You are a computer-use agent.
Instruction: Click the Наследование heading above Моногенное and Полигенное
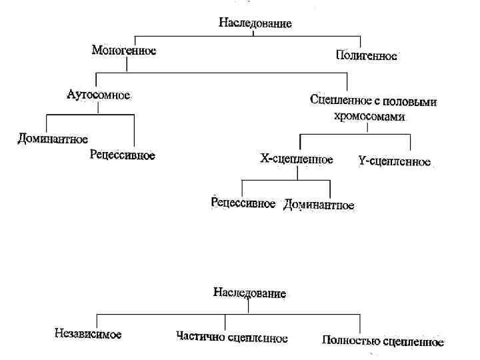pyautogui.click(x=255, y=23)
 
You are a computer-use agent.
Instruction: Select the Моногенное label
pyautogui.click(x=124, y=50)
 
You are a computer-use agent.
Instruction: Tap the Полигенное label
pyautogui.click(x=366, y=56)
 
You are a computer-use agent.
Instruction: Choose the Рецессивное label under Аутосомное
pyautogui.click(x=123, y=155)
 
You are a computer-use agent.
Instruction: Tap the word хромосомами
pyautogui.click(x=370, y=115)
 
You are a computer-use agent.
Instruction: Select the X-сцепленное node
pyautogui.click(x=296, y=159)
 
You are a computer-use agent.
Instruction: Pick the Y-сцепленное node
pyautogui.click(x=394, y=161)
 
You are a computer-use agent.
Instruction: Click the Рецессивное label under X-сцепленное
pyautogui.click(x=243, y=203)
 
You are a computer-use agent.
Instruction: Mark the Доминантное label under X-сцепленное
pyautogui.click(x=319, y=205)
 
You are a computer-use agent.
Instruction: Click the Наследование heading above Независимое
pyautogui.click(x=249, y=292)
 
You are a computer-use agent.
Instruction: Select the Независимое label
pyautogui.click(x=88, y=333)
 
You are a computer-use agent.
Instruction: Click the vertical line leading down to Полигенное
pyautogui.click(x=361, y=41)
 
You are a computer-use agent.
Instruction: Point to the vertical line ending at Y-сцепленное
pyautogui.click(x=411, y=142)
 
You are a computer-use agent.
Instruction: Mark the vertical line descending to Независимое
pyautogui.click(x=97, y=319)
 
